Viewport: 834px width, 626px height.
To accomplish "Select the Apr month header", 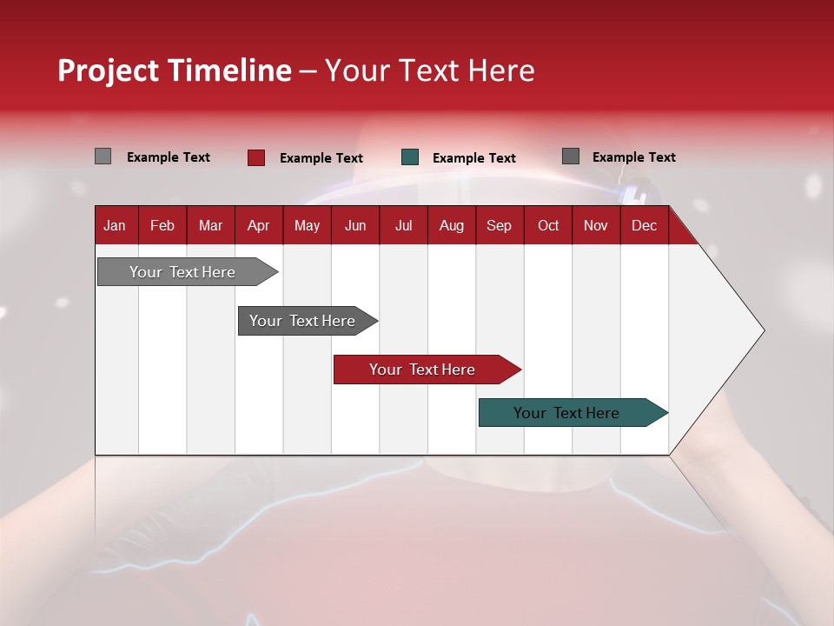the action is [x=259, y=225].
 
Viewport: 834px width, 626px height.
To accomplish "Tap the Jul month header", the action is [x=404, y=225].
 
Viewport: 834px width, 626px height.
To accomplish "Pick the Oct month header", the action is [x=548, y=225].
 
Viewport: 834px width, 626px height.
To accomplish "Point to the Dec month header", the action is [x=644, y=225].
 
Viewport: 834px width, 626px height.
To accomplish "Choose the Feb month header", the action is [x=162, y=225].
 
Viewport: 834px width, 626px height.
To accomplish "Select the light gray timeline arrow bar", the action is [x=188, y=271].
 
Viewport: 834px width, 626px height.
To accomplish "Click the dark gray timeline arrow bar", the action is [x=308, y=321].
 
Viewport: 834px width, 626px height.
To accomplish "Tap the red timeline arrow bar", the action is [x=427, y=370].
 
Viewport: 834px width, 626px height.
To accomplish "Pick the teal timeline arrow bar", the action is [x=573, y=412].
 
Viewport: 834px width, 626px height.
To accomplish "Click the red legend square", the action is [x=256, y=157].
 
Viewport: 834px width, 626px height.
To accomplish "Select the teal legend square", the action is [x=410, y=157].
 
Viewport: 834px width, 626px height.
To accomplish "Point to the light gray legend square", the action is [x=103, y=156].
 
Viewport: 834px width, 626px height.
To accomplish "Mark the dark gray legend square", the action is [x=571, y=156].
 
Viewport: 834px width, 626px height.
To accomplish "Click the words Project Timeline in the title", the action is [x=175, y=70].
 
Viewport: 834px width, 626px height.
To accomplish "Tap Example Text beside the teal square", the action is [x=474, y=158].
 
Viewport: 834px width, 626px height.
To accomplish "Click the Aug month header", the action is [x=452, y=225].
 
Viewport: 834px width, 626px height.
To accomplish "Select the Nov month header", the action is [x=596, y=225].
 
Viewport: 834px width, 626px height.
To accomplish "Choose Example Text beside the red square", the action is [x=321, y=158].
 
